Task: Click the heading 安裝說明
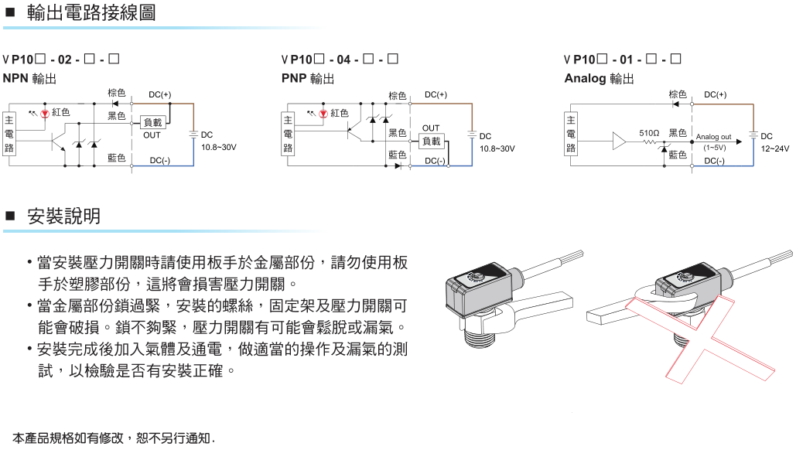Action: [63, 216]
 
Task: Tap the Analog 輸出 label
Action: [599, 78]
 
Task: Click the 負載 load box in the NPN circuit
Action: [152, 122]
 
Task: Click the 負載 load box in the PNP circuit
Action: [431, 141]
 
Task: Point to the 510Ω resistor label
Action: [649, 133]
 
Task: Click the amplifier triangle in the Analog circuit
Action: [620, 141]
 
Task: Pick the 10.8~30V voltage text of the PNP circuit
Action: [497, 148]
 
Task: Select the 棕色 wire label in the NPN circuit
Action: [117, 94]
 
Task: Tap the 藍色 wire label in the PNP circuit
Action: [397, 155]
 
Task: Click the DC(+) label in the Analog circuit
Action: [715, 95]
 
